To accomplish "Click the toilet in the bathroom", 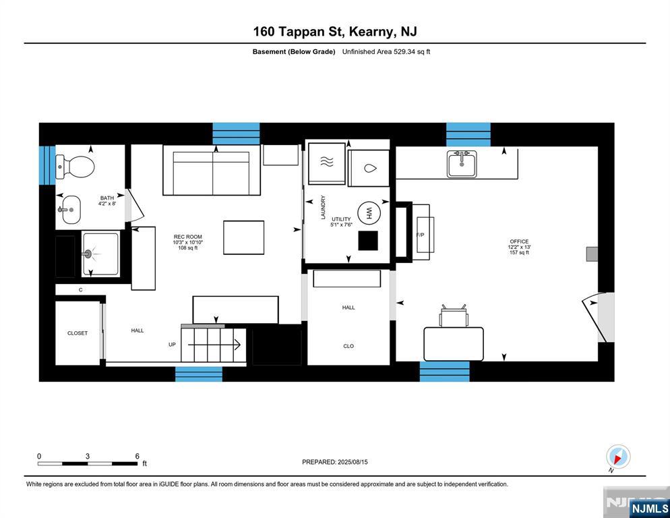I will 75,165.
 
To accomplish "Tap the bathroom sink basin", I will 69,209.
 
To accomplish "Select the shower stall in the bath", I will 100,254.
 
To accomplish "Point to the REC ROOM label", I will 188,237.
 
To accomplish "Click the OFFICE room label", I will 519,241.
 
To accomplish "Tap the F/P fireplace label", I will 420,235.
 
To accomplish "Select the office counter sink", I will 462,164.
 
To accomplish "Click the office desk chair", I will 454,316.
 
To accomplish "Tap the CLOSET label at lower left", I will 78,333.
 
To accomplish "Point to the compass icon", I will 617,457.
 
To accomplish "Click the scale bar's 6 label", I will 138,457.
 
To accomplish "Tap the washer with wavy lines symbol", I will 326,163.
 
